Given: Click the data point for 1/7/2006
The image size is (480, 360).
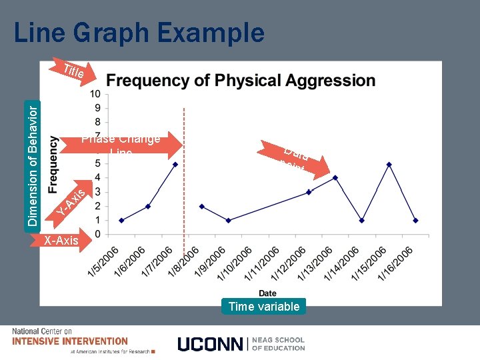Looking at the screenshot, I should (175, 164).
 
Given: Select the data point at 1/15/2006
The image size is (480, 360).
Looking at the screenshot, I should (389, 164).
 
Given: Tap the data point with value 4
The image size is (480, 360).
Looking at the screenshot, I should (335, 178).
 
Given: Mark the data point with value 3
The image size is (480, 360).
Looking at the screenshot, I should (308, 192).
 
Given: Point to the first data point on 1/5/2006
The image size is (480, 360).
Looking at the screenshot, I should (121, 220).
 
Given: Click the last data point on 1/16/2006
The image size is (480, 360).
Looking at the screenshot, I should (415, 220).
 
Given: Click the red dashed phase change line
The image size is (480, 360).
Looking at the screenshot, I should (183, 200).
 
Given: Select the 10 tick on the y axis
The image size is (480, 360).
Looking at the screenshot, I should (96, 94).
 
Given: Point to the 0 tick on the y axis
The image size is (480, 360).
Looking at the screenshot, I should (97, 234).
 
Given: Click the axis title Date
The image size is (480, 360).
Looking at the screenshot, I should (267, 293).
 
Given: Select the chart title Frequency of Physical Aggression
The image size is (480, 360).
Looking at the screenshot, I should (241, 81).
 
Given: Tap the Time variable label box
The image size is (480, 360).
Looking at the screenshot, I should (264, 307).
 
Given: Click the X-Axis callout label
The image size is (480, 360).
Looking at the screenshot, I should (61, 241).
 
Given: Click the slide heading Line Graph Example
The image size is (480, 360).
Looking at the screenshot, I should (139, 32).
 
